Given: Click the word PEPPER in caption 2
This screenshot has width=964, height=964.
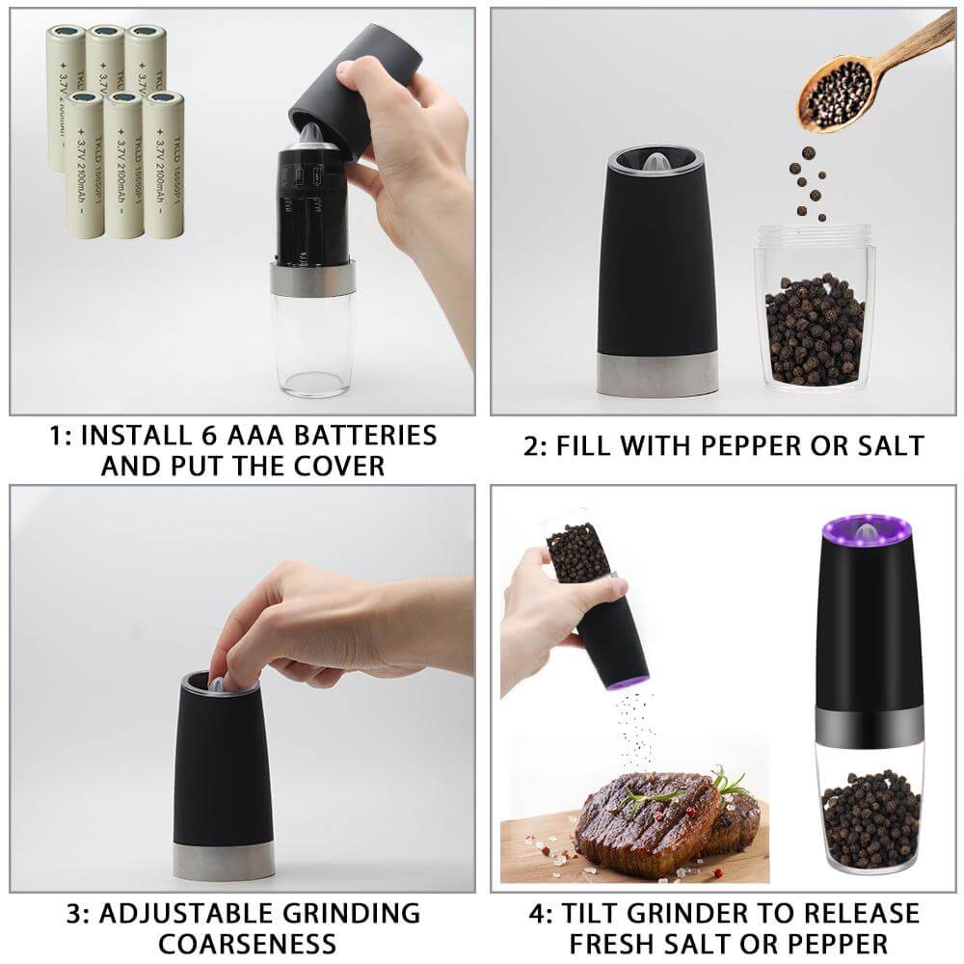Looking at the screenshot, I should point(748,445).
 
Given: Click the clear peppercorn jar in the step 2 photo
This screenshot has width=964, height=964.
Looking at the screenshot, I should point(815,308).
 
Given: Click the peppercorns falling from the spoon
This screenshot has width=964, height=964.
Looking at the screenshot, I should point(808,183).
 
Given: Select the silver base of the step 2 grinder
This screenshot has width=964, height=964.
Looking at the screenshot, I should point(658,375).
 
